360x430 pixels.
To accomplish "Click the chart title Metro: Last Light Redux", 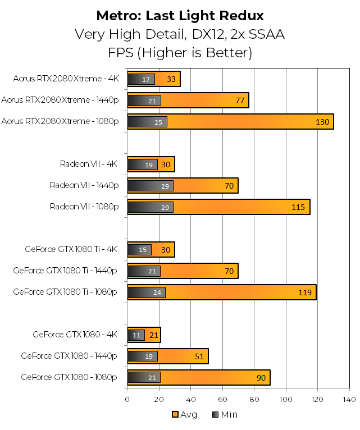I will pos(180,15).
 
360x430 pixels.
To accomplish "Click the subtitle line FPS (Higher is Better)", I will pos(180,53).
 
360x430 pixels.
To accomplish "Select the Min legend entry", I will pos(225,415).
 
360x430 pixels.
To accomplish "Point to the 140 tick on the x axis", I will pos(349,399).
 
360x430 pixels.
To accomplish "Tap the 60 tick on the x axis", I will pos(222,399).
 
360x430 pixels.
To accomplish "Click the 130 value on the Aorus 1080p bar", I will pos(322,122).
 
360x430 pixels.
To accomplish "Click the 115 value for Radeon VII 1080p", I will pos(298,207).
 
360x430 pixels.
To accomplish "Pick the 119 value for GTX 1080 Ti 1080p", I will pos(305,292).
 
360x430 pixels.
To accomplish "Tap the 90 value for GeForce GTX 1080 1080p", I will pos(261,378).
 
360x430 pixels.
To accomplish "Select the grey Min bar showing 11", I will pos(136,335).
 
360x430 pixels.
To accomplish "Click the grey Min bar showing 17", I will pos(141,79).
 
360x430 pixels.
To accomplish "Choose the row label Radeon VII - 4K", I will pos(89,164).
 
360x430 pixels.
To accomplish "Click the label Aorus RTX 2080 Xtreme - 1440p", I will pos(60,100).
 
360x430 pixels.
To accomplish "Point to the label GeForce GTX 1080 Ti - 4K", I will pos(71,250).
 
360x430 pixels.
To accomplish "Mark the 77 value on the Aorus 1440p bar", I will pos(240,100).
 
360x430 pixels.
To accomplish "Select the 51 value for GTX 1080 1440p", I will pos(199,356).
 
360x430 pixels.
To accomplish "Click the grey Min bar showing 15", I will pos(139,250).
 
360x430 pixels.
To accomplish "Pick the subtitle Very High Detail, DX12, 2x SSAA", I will pos(180,34).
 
